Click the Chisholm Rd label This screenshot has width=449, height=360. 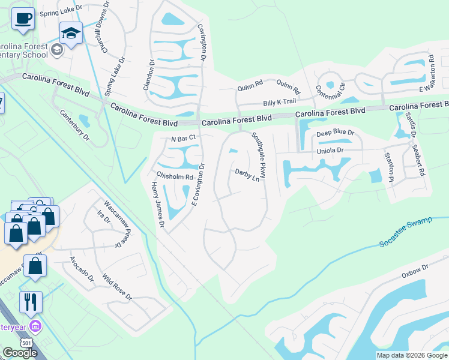pos(174,176)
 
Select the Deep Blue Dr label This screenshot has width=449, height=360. pos(336,132)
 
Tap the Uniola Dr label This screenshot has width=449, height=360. pos(330,150)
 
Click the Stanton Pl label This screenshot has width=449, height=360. pos(389,167)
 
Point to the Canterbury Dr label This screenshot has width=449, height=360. pos(74,125)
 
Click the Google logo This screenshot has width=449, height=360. pos(20,353)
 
